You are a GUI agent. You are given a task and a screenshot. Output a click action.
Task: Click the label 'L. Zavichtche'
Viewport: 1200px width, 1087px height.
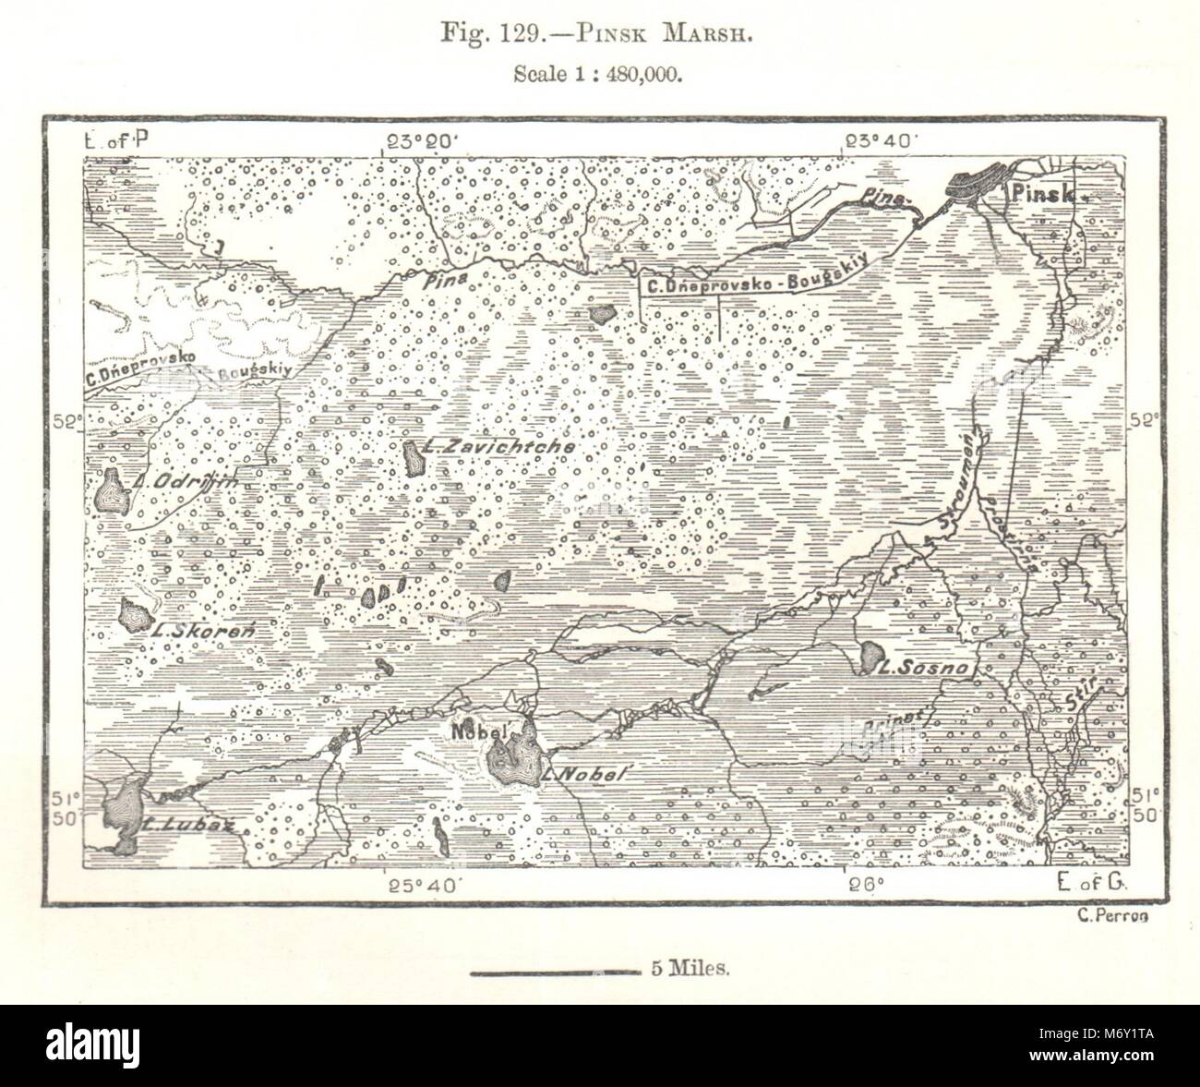click(498, 446)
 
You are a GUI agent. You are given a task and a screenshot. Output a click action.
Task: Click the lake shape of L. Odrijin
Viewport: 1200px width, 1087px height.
click(111, 489)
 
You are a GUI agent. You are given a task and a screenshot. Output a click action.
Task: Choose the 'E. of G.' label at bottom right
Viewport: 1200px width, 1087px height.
click(1094, 885)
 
